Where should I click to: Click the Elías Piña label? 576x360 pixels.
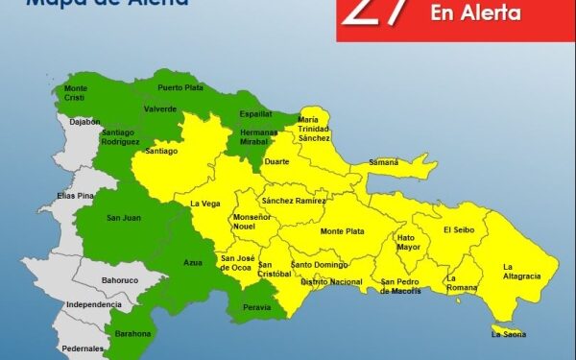[x=75, y=196]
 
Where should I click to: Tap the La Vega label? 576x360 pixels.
[x=205, y=204]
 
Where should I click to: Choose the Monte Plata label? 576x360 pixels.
[x=342, y=231]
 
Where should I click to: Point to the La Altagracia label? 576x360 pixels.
[x=521, y=271]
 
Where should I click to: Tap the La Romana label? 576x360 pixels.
[x=463, y=282]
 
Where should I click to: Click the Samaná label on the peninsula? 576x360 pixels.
[x=383, y=162]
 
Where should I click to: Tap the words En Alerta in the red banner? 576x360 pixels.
[x=477, y=13]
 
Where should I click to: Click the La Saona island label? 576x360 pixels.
[x=509, y=334]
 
